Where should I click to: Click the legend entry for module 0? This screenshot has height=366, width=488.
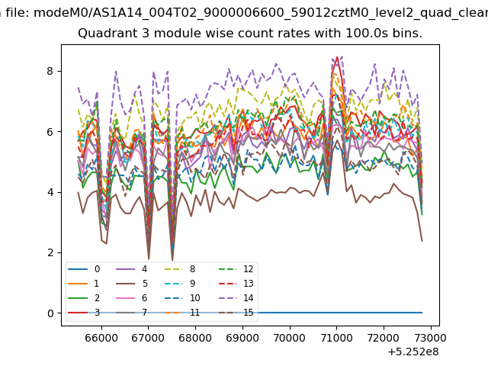click(84, 269)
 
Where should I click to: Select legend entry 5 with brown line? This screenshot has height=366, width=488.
click(132, 284)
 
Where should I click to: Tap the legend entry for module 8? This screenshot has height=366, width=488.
click(180, 269)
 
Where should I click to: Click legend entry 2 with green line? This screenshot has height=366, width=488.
click(84, 298)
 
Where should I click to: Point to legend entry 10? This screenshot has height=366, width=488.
click(181, 298)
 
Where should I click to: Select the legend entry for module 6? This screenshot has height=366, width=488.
click(132, 298)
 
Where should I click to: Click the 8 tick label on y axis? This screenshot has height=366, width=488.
click(50, 71)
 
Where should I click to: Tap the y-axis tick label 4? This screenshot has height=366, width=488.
click(50, 192)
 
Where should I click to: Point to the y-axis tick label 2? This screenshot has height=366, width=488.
click(50, 252)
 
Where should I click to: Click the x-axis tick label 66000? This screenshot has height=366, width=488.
click(101, 338)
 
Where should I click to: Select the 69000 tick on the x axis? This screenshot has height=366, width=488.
click(242, 338)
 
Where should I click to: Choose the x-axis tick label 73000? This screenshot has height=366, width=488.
click(430, 338)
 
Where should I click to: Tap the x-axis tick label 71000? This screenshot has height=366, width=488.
click(336, 338)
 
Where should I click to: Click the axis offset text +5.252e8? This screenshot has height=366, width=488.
click(413, 352)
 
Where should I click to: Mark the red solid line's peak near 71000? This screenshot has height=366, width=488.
click(337, 57)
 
